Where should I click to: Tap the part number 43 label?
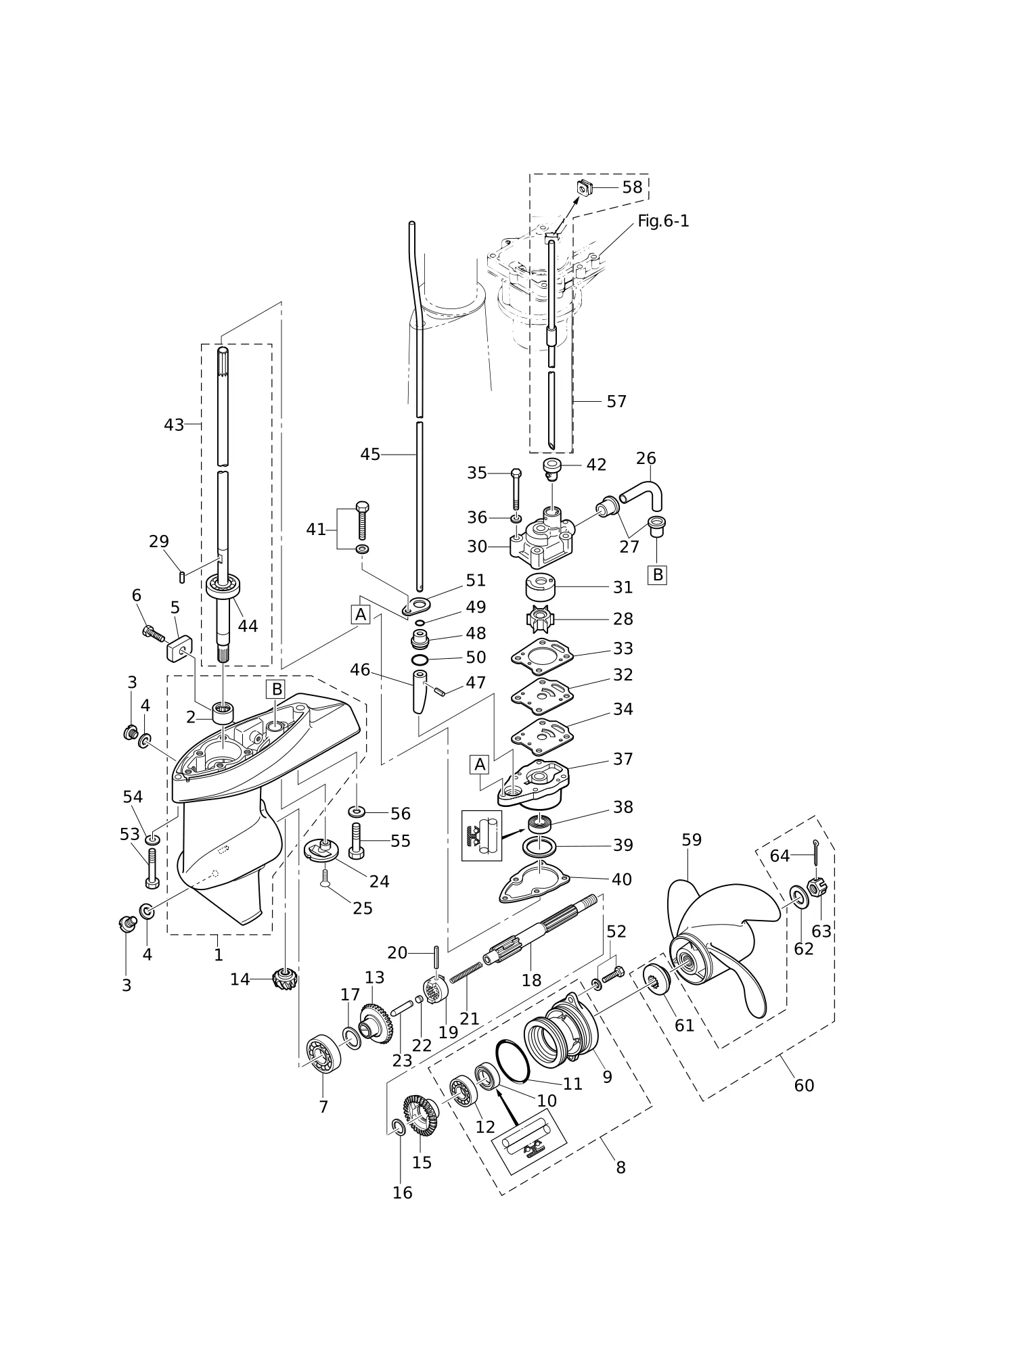click(x=174, y=425)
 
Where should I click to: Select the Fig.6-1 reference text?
click(x=663, y=221)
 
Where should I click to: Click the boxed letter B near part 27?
click(x=656, y=575)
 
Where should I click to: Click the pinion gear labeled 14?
click(x=285, y=979)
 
